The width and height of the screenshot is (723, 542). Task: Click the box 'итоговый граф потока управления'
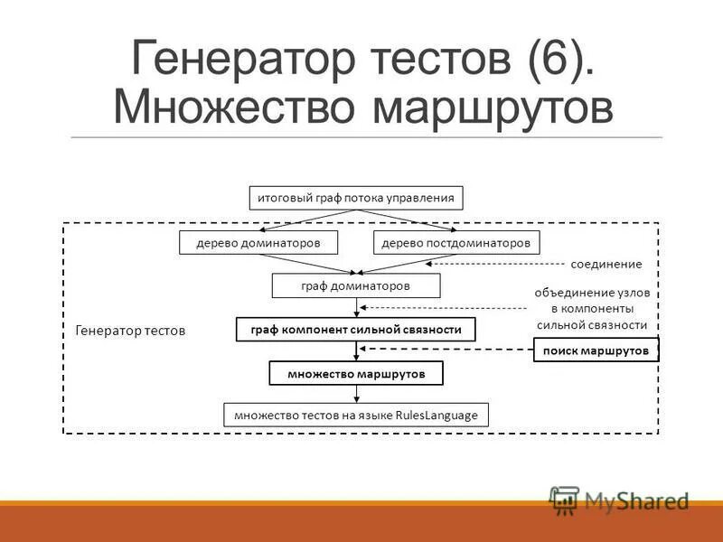[355, 198]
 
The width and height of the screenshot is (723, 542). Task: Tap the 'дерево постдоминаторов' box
[456, 242]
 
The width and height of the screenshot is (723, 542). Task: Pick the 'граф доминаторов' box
[355, 285]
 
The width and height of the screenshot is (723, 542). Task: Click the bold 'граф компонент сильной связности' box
[355, 330]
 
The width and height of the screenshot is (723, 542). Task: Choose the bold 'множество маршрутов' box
[355, 373]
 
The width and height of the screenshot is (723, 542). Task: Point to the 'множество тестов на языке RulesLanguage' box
[355, 415]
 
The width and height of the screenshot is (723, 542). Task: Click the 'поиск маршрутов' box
[596, 350]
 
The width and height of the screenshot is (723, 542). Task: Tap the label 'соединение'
[606, 265]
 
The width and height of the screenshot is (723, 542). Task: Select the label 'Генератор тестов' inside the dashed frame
[129, 331]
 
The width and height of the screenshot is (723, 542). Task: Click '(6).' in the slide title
[558, 59]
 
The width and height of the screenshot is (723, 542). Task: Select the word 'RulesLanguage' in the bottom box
[441, 415]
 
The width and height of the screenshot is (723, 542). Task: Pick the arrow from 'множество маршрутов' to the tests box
[356, 393]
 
